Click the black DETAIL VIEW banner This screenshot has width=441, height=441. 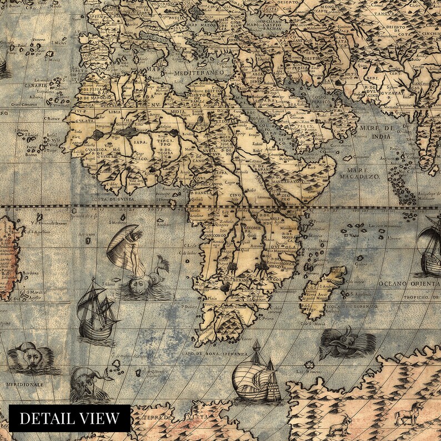[x=69, y=418]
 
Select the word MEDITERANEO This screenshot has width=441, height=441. [x=198, y=73]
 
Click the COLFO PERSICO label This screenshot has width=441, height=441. [x=317, y=101]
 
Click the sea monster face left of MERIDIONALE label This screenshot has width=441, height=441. [x=28, y=357]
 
